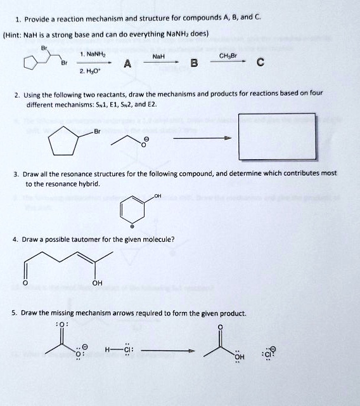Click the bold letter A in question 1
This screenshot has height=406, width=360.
128,63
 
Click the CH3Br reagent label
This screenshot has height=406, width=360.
228,56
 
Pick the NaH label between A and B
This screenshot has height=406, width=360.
160,56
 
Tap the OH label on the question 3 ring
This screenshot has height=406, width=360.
157,196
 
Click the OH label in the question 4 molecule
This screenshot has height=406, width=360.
98,284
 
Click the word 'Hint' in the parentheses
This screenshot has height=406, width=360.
13,33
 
